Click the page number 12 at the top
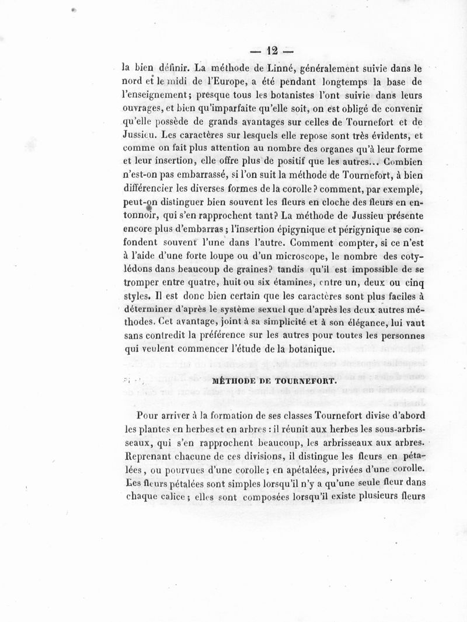pyautogui.click(x=270, y=50)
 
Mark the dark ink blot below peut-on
pyautogui.click(x=149, y=208)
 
